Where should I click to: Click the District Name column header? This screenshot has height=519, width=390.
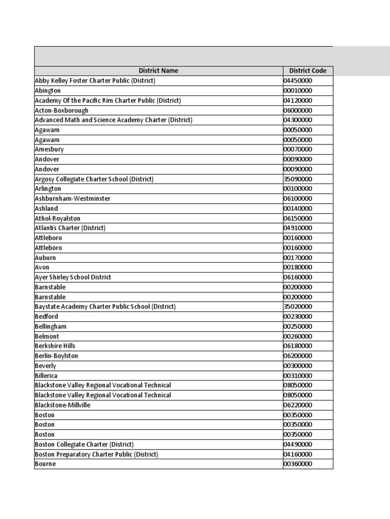point(158,71)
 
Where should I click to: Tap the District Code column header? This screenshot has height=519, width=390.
point(308,71)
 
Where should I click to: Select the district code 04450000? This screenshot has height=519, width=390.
point(298,81)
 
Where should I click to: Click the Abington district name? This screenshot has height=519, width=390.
point(48,91)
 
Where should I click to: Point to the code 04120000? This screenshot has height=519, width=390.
point(298,100)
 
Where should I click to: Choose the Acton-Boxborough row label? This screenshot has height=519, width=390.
point(61,110)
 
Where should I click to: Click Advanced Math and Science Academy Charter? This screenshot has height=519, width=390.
point(113,120)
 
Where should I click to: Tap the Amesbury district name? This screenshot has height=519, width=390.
point(49,150)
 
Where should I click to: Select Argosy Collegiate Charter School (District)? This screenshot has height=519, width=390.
point(94,179)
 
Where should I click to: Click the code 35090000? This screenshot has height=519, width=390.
point(298,179)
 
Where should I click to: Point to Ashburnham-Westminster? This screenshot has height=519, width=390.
point(72,199)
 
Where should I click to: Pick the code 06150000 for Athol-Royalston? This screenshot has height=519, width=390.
point(298,218)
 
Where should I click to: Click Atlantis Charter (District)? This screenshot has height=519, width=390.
point(70,228)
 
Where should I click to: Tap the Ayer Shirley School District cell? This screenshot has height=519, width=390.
point(73,277)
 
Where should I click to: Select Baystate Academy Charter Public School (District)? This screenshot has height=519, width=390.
point(105,307)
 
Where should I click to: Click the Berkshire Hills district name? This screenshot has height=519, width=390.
point(55,346)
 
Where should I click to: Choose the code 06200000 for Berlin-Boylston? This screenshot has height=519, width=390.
point(298,356)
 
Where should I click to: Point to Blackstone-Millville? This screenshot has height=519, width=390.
point(62,405)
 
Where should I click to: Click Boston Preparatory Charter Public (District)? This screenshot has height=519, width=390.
point(96,454)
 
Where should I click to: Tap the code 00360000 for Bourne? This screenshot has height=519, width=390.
point(298,464)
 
